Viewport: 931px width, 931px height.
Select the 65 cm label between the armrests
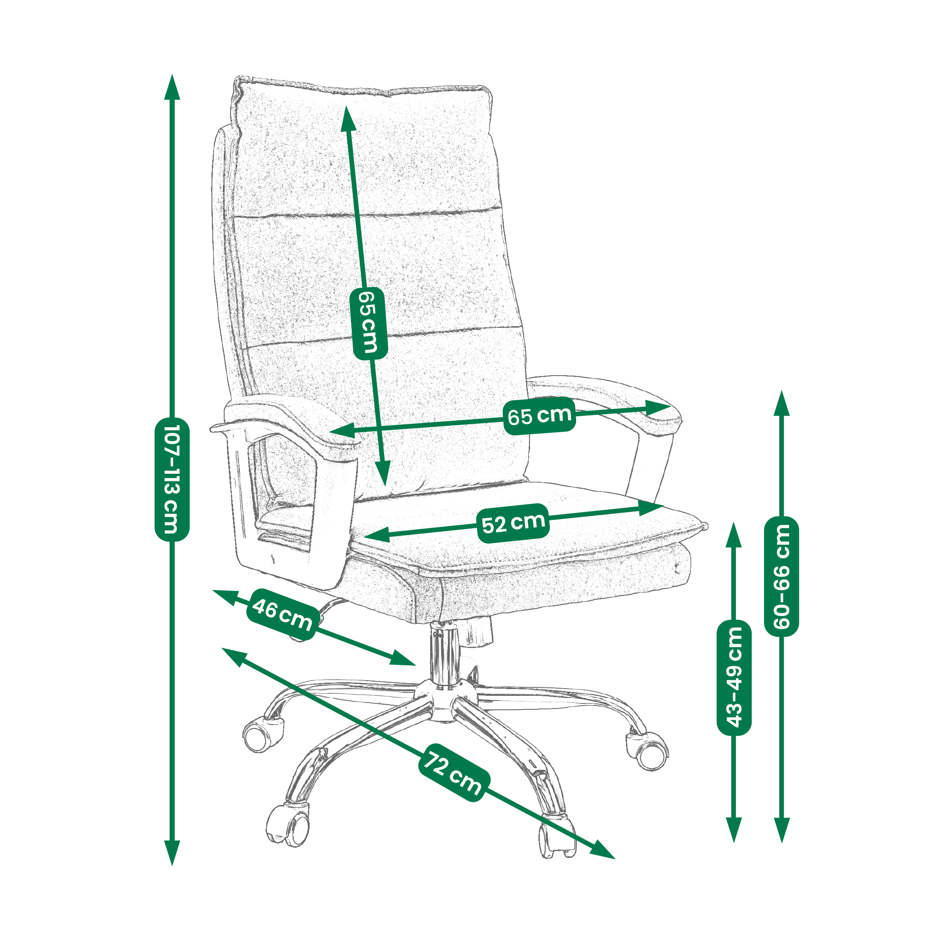pyautogui.click(x=540, y=415)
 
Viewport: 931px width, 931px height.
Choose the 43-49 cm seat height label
pyautogui.click(x=734, y=677)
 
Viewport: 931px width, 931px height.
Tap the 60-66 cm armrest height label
pyautogui.click(x=782, y=577)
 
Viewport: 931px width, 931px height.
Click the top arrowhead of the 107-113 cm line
pyautogui.click(x=172, y=87)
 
